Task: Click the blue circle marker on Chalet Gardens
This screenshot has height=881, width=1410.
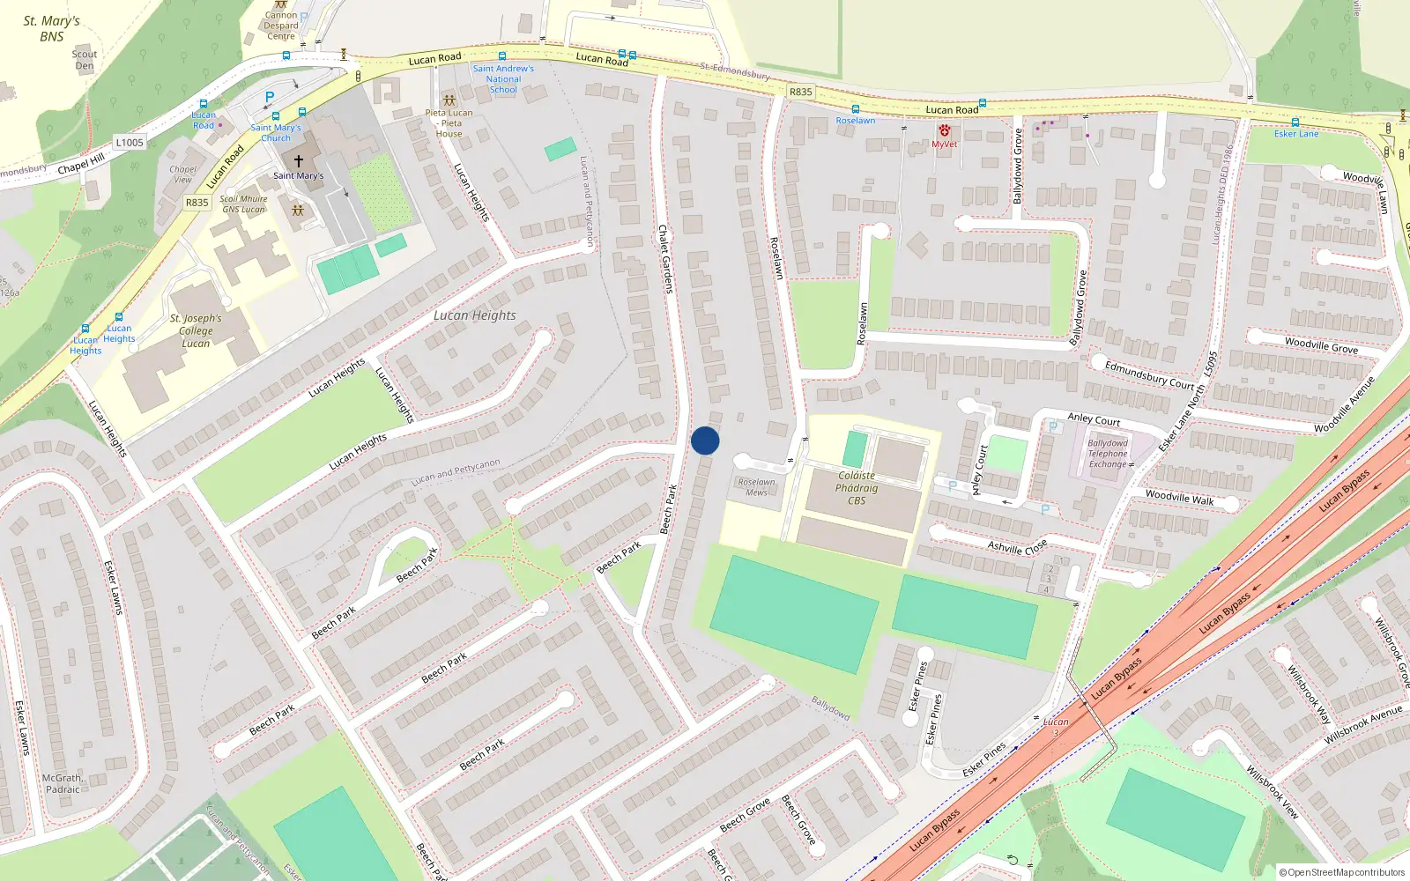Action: [705, 440]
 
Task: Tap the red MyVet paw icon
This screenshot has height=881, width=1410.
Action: [944, 131]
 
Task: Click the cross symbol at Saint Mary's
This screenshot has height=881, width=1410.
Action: [298, 161]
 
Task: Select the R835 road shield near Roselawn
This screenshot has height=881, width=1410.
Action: [800, 92]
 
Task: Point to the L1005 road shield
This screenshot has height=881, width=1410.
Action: [130, 143]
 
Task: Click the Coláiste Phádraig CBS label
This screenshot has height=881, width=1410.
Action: [857, 488]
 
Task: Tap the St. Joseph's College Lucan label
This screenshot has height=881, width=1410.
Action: [196, 330]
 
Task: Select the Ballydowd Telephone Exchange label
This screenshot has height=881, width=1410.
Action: [1108, 454]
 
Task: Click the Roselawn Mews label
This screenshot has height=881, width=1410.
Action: [757, 486]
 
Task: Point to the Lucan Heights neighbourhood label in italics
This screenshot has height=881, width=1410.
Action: [474, 315]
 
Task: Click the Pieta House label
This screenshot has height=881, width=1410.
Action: [449, 123]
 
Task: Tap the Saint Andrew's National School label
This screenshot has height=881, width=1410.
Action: [503, 79]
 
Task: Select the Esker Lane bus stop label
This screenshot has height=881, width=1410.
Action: [1296, 134]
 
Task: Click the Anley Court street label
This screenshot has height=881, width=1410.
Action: [1094, 419]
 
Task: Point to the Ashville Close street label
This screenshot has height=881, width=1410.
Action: [1017, 547]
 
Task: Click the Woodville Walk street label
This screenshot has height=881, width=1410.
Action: [1179, 498]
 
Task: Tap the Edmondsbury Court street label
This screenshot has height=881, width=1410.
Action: [1149, 374]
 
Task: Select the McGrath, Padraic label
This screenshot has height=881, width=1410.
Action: [63, 784]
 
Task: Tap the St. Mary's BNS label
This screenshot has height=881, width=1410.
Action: [51, 28]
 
